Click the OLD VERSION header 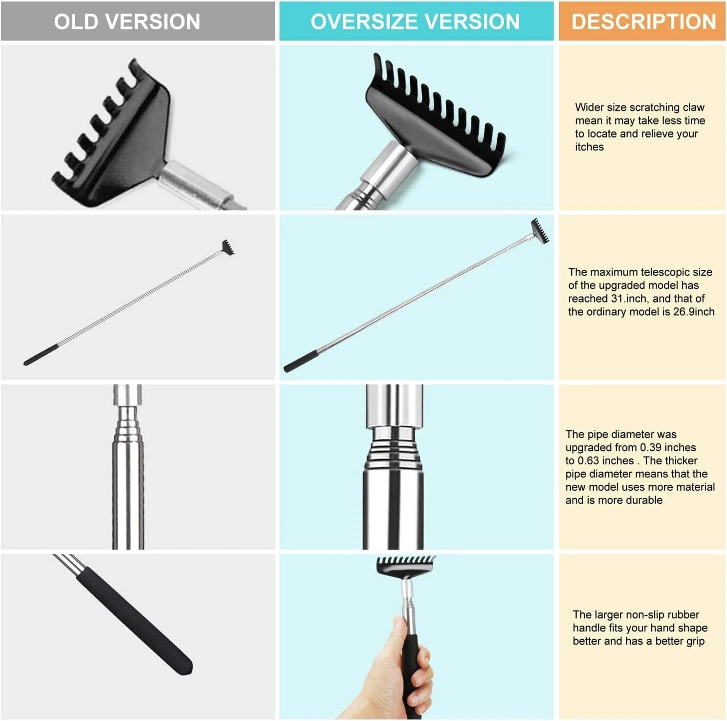coord(127,22)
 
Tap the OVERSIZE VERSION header coord(415,22)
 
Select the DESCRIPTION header coord(643,22)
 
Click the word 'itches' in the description coord(589,147)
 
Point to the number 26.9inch coord(694,312)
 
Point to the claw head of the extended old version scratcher coord(228,247)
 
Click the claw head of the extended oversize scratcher coord(541,230)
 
